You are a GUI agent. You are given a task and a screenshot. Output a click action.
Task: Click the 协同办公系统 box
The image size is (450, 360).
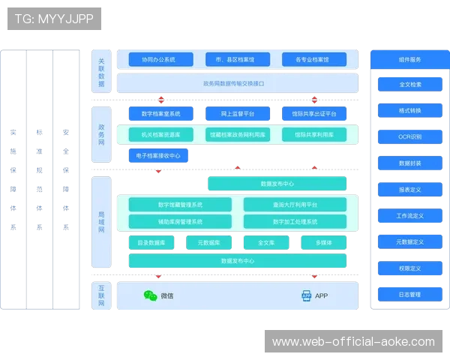click(x=157, y=59)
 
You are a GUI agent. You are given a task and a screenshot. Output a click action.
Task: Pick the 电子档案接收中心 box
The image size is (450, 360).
click(x=159, y=156)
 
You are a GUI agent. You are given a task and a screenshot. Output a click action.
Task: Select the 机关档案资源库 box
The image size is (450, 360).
click(x=160, y=135)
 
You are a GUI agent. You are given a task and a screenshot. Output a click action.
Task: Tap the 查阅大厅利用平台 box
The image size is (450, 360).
click(x=295, y=205)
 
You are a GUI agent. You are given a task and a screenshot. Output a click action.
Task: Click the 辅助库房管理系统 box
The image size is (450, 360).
click(x=180, y=222)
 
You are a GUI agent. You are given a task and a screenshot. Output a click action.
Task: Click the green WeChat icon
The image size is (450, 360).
click(x=150, y=296)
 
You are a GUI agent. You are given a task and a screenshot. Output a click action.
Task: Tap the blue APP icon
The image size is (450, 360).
click(x=306, y=296)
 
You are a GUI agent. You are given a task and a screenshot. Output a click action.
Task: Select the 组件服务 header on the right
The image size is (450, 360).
click(x=409, y=60)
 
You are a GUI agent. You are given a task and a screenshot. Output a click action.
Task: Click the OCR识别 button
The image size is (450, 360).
click(x=409, y=137)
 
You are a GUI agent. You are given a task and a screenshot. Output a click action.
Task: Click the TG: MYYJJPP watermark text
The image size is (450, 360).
click(x=54, y=19)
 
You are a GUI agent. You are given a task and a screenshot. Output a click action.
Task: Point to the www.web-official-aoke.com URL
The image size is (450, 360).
click(x=353, y=342)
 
